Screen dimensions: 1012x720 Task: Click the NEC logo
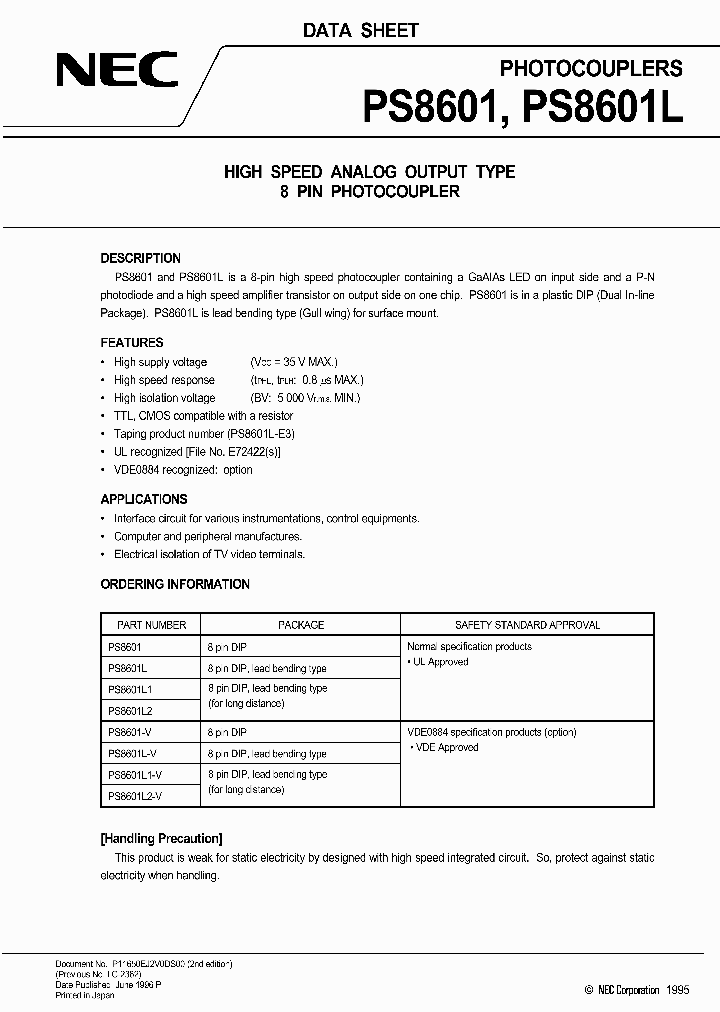point(117,69)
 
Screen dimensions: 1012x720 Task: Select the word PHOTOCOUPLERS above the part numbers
point(590,68)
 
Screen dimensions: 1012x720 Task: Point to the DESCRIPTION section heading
point(140,258)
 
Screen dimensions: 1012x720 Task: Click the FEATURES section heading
point(131,342)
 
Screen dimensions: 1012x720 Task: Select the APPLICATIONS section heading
point(143,499)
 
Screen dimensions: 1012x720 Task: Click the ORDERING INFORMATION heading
point(175,584)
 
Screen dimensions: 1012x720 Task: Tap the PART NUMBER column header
point(151,625)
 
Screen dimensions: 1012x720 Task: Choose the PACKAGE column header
point(301,625)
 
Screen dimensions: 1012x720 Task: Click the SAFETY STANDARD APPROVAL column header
point(527,625)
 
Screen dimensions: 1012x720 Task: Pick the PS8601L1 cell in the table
point(130,689)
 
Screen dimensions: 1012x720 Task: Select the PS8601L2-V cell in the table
point(134,795)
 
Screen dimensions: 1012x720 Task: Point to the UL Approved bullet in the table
point(439,662)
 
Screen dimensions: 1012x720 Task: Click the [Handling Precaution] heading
point(161,838)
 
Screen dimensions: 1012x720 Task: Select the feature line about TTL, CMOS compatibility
point(203,415)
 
